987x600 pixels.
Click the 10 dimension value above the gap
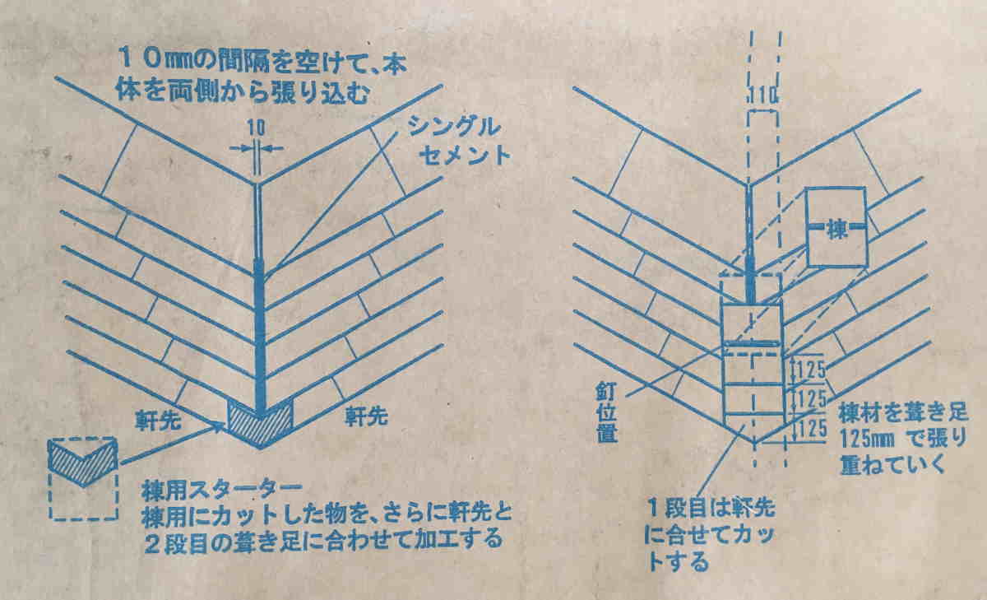click(x=257, y=128)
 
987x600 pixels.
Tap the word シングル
click(x=454, y=128)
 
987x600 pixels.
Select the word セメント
click(x=465, y=156)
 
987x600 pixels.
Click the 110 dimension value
click(x=763, y=95)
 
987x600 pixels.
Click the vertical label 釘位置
click(x=607, y=412)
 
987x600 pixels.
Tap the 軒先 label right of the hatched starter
click(x=366, y=416)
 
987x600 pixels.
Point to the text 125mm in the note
click(x=868, y=439)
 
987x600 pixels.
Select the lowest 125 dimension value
click(x=812, y=429)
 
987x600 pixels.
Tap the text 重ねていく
click(x=892, y=465)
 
